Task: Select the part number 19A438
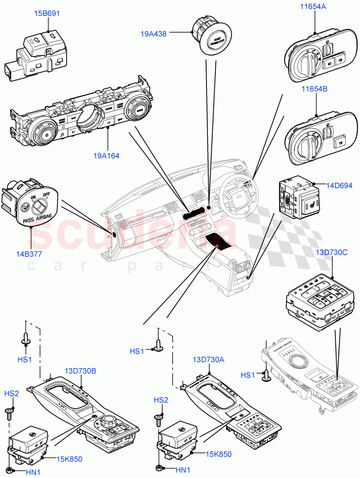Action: tap(153, 34)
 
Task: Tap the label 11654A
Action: tap(313, 6)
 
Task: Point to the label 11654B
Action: tap(313, 89)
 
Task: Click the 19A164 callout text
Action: tap(106, 156)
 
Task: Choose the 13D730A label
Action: tap(209, 360)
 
